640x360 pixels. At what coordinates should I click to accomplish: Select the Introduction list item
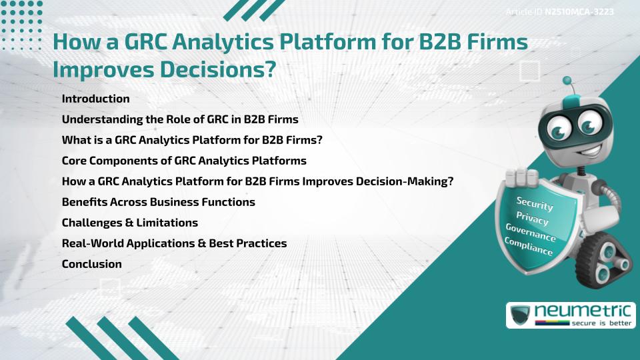coord(95,99)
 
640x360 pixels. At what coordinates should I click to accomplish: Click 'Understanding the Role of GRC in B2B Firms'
coord(179,119)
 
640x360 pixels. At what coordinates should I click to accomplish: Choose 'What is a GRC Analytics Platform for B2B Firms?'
coord(192,140)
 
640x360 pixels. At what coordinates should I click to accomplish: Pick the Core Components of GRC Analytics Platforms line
coord(184,161)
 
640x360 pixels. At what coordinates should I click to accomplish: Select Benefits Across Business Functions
coord(158,202)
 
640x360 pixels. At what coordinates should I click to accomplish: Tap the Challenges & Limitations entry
coord(129,223)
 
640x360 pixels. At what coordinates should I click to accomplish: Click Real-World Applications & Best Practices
coord(174,243)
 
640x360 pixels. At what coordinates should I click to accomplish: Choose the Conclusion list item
coord(91,264)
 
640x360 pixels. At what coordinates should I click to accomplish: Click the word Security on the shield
coord(535,204)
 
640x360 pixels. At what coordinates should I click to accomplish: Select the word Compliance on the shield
coord(529,247)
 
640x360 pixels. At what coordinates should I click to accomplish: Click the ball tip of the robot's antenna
coord(567,81)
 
